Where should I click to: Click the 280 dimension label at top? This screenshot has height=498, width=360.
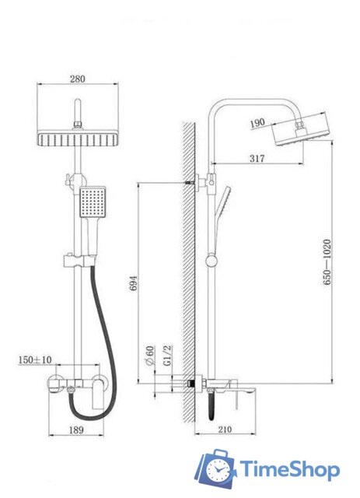pyautogui.click(x=78, y=79)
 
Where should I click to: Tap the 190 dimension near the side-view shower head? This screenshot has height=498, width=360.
pyautogui.click(x=259, y=122)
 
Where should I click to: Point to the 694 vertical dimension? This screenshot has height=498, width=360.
pyautogui.click(x=132, y=284)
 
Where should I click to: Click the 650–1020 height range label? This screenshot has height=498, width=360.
pyautogui.click(x=327, y=265)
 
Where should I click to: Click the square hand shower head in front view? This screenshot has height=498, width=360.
pyautogui.click(x=92, y=204)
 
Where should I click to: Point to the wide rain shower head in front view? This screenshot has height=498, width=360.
pyautogui.click(x=78, y=139)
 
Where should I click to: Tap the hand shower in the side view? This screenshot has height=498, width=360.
pyautogui.click(x=223, y=204)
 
